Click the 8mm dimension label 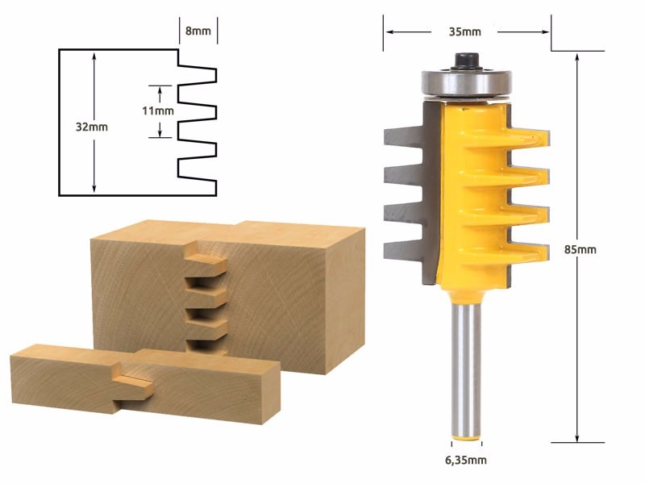pyautogui.click(x=198, y=31)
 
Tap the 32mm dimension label pyautogui.click(x=92, y=127)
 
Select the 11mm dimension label pyautogui.click(x=158, y=111)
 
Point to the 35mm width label pyautogui.click(x=465, y=31)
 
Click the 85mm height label pyautogui.click(x=580, y=249)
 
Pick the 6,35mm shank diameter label pyautogui.click(x=466, y=460)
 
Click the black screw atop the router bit pyautogui.click(x=467, y=61)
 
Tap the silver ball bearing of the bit pyautogui.click(x=467, y=84)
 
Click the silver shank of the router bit pyautogui.click(x=466, y=370)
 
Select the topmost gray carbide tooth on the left pyautogui.click(x=404, y=136)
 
